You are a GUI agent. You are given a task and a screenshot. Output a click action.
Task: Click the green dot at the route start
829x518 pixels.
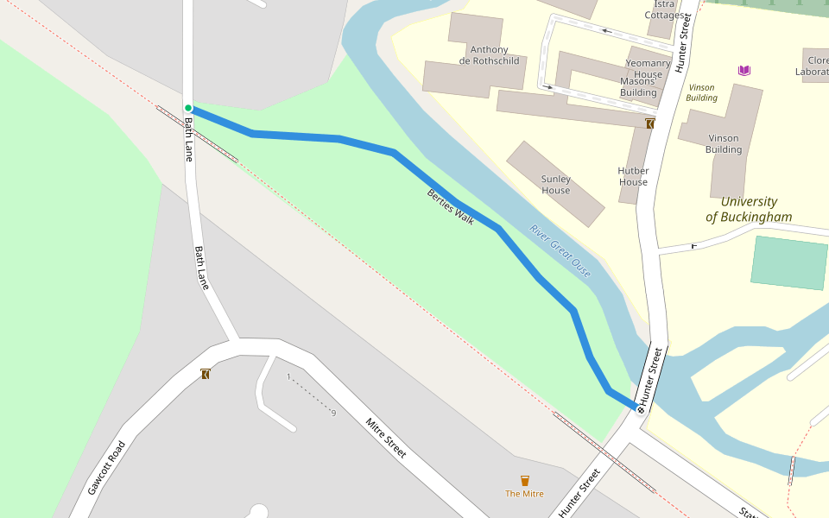coord(188,108)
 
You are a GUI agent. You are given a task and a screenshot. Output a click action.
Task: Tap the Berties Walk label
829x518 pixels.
coord(451,207)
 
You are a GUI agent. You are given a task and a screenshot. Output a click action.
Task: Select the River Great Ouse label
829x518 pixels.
coord(560,251)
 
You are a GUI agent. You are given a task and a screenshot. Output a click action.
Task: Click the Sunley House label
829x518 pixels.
coord(555,185)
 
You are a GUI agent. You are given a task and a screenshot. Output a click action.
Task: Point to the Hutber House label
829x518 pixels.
coord(633,177)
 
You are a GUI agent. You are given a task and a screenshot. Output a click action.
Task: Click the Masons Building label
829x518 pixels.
coord(638,87)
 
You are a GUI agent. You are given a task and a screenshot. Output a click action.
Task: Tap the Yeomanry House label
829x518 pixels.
coord(643,69)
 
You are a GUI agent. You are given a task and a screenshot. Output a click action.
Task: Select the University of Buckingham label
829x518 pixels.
coord(749,210)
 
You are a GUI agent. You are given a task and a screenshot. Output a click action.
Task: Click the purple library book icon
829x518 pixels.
coord(744,70)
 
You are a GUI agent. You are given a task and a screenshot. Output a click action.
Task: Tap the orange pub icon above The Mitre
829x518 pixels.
coord(524,481)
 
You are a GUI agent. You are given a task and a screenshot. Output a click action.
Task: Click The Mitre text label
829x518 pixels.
coord(524,494)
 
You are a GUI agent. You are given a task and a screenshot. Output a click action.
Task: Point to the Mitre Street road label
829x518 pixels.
coord(385,438)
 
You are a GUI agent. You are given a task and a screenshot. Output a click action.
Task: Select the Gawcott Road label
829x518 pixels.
coord(106,468)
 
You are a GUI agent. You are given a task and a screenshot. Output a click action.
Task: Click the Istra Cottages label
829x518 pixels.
coord(665,9)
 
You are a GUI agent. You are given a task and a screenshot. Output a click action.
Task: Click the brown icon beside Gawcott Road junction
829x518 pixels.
coord(206,374)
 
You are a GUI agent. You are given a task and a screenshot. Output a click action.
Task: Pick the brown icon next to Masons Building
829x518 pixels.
coord(649,124)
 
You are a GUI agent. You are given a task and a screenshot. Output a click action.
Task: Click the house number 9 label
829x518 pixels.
coord(333,413)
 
